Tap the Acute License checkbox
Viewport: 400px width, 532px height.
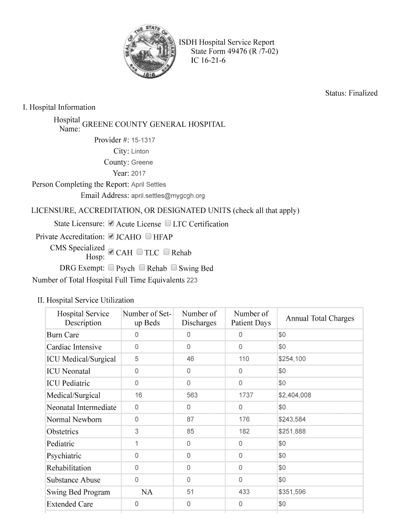pyautogui.click(x=111, y=224)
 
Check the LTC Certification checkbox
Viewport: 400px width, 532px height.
pyautogui.click(x=168, y=224)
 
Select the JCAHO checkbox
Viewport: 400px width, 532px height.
pyautogui.click(x=111, y=236)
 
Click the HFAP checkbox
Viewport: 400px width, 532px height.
pyautogui.click(x=149, y=236)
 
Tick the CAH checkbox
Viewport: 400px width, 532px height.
pyautogui.click(x=111, y=252)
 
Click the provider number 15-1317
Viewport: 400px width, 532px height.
pyautogui.click(x=143, y=140)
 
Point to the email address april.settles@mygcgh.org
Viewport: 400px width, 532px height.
pyautogui.click(x=168, y=196)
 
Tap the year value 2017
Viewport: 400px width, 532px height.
pyautogui.click(x=138, y=174)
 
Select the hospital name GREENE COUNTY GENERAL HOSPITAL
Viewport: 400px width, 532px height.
pyautogui.click(x=154, y=125)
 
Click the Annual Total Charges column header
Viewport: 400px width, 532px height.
pyautogui.click(x=319, y=318)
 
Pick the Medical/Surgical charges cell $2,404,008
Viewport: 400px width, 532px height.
pyautogui.click(x=295, y=395)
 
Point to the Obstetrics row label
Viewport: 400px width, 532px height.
pyautogui.click(x=62, y=432)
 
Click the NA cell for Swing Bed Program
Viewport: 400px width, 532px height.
pyautogui.click(x=147, y=492)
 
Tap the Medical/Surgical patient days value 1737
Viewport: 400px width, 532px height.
pyautogui.click(x=246, y=395)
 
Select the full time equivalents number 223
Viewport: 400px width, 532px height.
pyautogui.click(x=192, y=281)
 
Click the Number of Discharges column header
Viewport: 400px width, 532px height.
pyautogui.click(x=199, y=318)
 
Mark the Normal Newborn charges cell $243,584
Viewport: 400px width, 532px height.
pyautogui.click(x=291, y=419)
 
